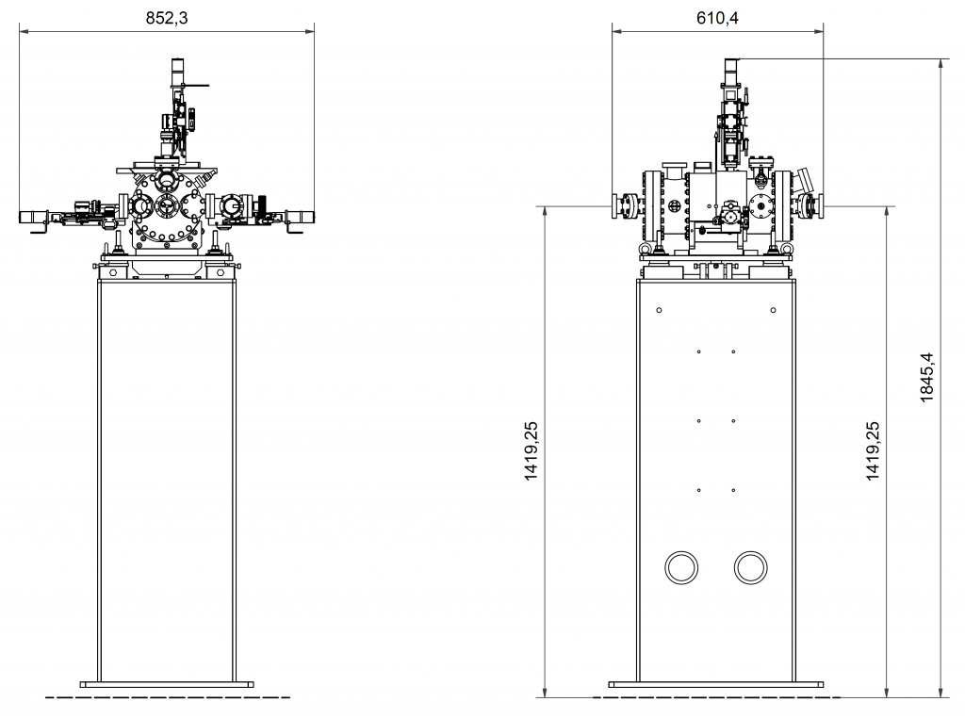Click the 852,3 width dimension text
point(167,18)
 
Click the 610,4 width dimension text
point(717,18)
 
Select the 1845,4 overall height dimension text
point(927,377)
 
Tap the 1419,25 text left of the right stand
point(531,451)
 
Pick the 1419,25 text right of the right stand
point(873,451)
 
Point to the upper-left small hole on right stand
point(659,310)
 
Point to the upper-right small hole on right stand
point(774,310)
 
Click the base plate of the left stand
point(167,684)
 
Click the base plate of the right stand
point(716,684)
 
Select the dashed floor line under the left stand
point(168,697)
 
